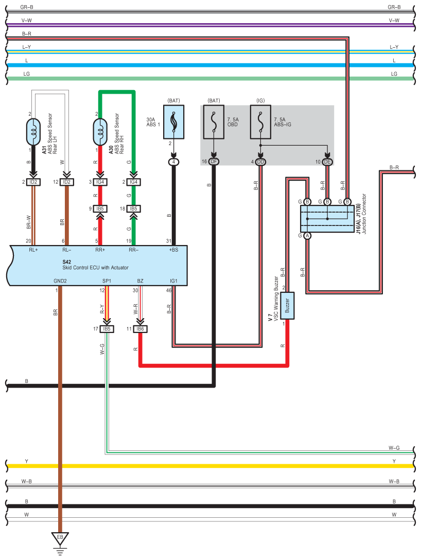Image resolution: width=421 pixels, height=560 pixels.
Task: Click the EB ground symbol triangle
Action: [60, 538]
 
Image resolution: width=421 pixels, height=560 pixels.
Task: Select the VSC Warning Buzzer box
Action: [288, 305]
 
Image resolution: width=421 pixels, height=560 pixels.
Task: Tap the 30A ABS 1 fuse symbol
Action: [174, 122]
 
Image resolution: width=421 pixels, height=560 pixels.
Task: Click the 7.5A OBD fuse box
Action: [214, 122]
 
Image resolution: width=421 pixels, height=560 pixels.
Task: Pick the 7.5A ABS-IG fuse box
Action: [260, 122]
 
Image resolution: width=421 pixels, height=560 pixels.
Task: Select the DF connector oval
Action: [214, 162]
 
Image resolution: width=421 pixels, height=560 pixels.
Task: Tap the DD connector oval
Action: [260, 162]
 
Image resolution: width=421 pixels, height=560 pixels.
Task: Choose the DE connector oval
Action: [327, 162]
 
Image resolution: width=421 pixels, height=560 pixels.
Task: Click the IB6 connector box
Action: [140, 329]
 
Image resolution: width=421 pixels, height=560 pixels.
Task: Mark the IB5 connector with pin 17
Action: [107, 329]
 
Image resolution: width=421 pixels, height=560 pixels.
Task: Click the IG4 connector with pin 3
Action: [100, 182]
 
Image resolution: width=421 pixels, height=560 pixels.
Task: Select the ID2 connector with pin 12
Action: [66, 182]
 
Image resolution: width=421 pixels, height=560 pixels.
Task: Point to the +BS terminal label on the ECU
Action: [173, 250]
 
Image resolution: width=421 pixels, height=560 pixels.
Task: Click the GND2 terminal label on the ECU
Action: [60, 281]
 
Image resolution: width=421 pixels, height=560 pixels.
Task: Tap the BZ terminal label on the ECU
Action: [140, 281]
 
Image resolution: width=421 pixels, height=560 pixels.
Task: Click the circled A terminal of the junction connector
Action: [307, 235]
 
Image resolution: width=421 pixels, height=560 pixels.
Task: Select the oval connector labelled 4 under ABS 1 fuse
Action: [174, 162]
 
